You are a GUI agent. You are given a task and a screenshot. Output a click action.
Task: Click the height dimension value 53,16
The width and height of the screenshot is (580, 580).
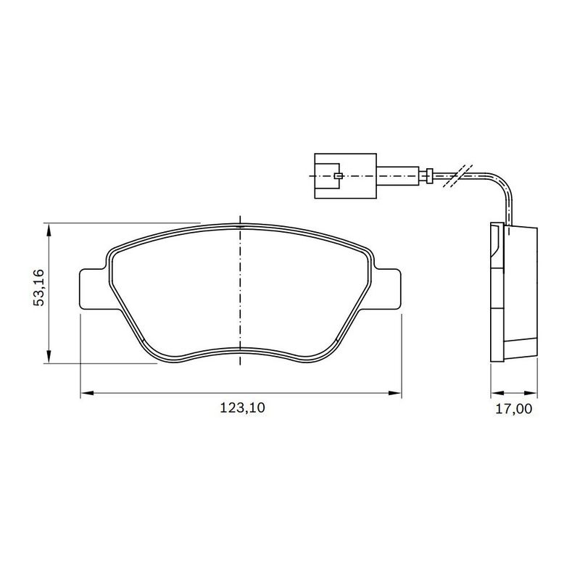click(39, 287)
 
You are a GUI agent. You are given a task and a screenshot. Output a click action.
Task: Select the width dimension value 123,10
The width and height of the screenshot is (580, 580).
click(243, 409)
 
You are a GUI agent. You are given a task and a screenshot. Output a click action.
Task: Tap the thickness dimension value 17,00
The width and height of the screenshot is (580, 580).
click(513, 409)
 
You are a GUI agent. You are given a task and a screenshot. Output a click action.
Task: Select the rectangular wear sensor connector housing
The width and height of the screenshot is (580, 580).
click(344, 175)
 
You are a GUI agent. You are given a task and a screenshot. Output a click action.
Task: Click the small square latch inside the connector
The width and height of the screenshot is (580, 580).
click(338, 175)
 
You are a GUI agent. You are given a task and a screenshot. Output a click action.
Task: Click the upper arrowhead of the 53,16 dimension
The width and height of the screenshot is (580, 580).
click(49, 229)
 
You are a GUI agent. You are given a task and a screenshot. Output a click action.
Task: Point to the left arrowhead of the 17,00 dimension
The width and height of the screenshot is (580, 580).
click(496, 394)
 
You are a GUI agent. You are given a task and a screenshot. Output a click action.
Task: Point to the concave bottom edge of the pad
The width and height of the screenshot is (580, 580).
click(240, 350)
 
